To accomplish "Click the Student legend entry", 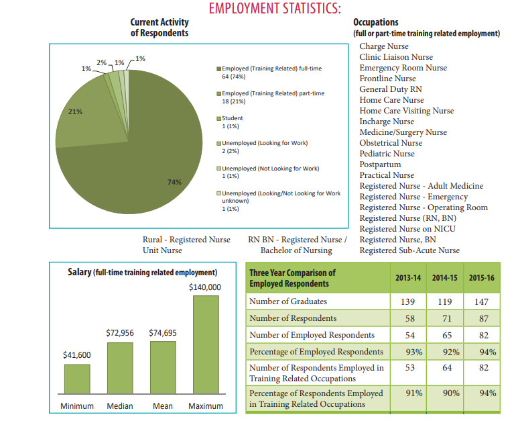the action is click(230, 122).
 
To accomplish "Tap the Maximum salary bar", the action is click(206, 344).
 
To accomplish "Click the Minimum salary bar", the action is click(77, 379).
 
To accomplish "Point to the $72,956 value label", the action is click(120, 333).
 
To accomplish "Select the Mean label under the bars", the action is click(163, 406).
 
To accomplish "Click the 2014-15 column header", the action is click(444, 278).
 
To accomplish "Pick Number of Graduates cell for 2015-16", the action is click(481, 301).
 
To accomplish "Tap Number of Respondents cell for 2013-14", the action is click(409, 318).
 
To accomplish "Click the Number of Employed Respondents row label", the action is click(312, 335).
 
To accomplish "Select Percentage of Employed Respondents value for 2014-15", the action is click(451, 352).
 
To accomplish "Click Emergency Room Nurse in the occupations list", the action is click(403, 68).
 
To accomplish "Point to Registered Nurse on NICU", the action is click(407, 229).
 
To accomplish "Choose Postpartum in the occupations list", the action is click(380, 164).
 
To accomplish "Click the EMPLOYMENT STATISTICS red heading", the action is click(275, 8).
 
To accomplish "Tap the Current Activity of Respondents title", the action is click(159, 28).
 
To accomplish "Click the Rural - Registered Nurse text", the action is click(186, 240).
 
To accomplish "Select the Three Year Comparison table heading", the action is click(292, 278).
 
